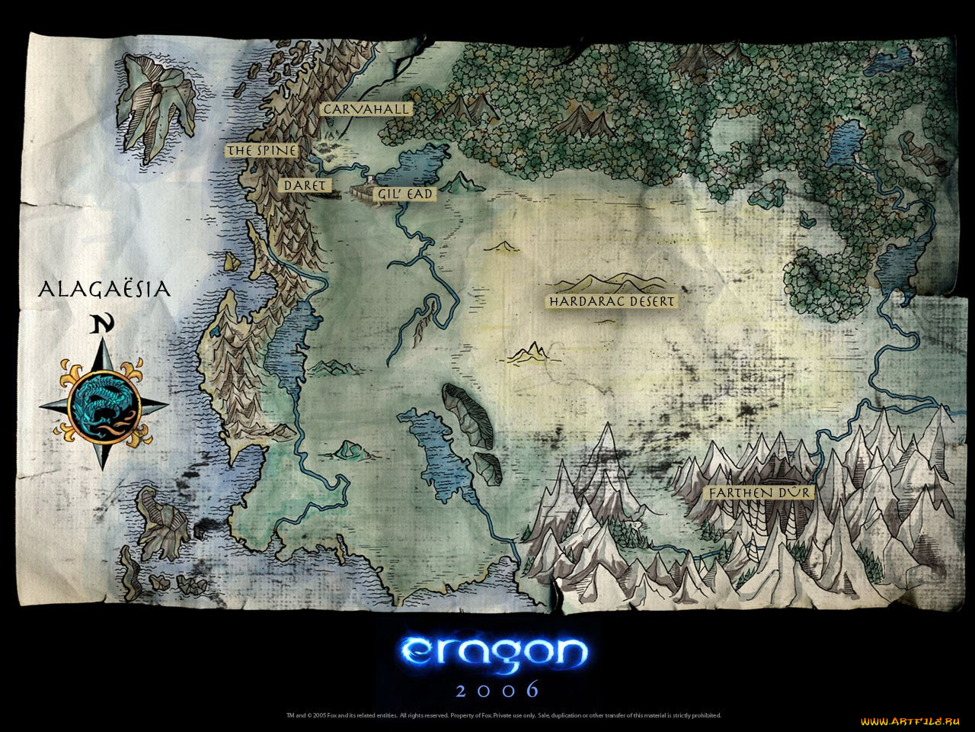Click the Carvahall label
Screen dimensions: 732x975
pyautogui.click(x=366, y=110)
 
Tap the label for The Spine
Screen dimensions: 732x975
pyautogui.click(x=261, y=151)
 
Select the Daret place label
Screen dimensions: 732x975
pyautogui.click(x=305, y=185)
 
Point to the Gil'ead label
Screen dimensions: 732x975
pyautogui.click(x=404, y=194)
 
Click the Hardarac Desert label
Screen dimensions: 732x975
pyautogui.click(x=612, y=301)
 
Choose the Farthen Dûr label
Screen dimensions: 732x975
pyautogui.click(x=759, y=493)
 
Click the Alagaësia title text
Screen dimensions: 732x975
pyautogui.click(x=104, y=290)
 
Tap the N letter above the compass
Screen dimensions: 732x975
pyautogui.click(x=102, y=325)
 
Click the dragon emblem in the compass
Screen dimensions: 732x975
pyautogui.click(x=104, y=405)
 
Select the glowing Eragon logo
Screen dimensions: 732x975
pyautogui.click(x=494, y=650)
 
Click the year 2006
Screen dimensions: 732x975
pyautogui.click(x=497, y=690)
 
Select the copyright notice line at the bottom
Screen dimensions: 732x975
pyautogui.click(x=503, y=715)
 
